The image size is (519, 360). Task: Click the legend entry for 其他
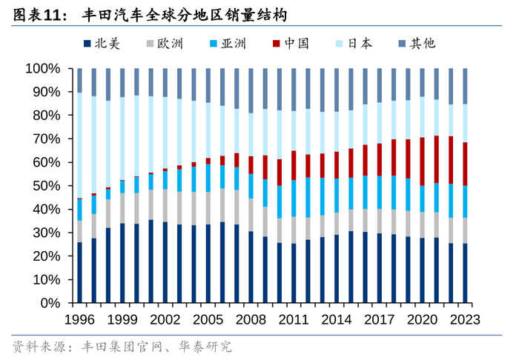(423, 43)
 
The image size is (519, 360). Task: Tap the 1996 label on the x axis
(79, 320)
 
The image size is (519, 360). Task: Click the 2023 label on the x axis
(466, 320)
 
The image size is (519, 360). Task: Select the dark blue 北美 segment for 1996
(79, 273)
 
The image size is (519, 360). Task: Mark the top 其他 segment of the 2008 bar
(251, 90)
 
